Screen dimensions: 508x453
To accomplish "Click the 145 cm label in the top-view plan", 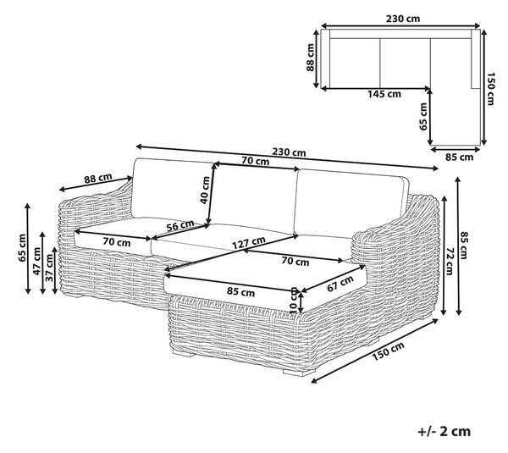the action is pyautogui.click(x=384, y=94).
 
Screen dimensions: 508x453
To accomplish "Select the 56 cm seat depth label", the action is pyautogui.click(x=180, y=225).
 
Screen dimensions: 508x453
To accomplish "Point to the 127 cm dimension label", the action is pyautogui.click(x=249, y=243).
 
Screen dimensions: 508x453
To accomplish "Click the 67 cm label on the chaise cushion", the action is pyautogui.click(x=340, y=284).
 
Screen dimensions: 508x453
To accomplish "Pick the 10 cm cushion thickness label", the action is pyautogui.click(x=294, y=300).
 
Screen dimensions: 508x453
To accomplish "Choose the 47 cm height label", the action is pyautogui.click(x=36, y=261).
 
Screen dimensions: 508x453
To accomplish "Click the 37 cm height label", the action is pyautogui.click(x=49, y=268).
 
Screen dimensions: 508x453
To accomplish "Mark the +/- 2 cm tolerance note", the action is pyautogui.click(x=444, y=431).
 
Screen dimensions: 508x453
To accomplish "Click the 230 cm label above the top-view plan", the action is pyautogui.click(x=403, y=19).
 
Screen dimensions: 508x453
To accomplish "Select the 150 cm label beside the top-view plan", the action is pyautogui.click(x=491, y=88).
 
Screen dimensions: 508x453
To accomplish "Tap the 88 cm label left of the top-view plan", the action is pyautogui.click(x=310, y=58).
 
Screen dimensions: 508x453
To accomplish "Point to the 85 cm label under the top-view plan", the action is pyautogui.click(x=459, y=157).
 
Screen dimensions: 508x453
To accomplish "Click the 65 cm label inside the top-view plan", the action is pyautogui.click(x=423, y=117).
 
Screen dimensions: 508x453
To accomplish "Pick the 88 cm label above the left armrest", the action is pyautogui.click(x=98, y=178).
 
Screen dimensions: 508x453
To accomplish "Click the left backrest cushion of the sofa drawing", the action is pyautogui.click(x=173, y=190).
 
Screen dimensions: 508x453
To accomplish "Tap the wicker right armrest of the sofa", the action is pyautogui.click(x=395, y=246).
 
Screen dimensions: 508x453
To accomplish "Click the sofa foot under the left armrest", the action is pyautogui.click(x=75, y=295).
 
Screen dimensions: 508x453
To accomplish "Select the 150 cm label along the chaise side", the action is pyautogui.click(x=388, y=351).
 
